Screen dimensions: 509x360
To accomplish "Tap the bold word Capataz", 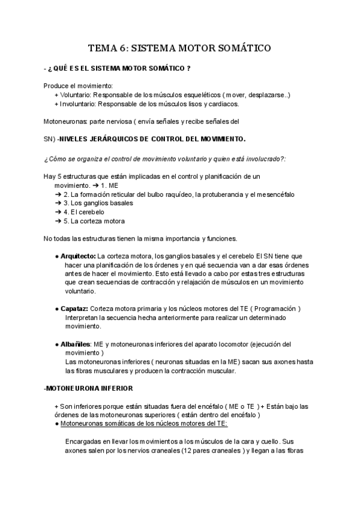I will pos(74,309).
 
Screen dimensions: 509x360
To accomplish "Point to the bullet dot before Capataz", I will pos(56,309).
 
